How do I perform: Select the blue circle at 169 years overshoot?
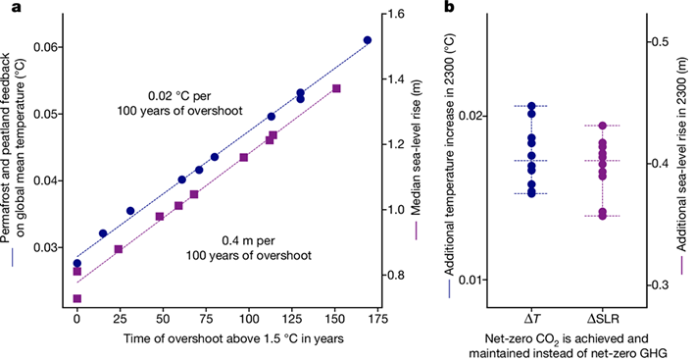pyautogui.click(x=368, y=40)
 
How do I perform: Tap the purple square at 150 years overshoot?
pyautogui.click(x=336, y=88)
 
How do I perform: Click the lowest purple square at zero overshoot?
pyautogui.click(x=77, y=298)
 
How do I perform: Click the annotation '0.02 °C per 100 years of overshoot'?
pyautogui.click(x=180, y=103)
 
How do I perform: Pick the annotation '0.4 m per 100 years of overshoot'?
pyautogui.click(x=248, y=248)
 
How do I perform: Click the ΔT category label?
pyautogui.click(x=531, y=319)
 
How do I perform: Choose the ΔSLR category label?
pyautogui.click(x=603, y=319)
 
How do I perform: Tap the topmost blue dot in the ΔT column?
pyautogui.click(x=531, y=106)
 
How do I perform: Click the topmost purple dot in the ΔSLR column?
pyautogui.click(x=603, y=126)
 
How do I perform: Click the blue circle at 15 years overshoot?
pyautogui.click(x=103, y=233)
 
